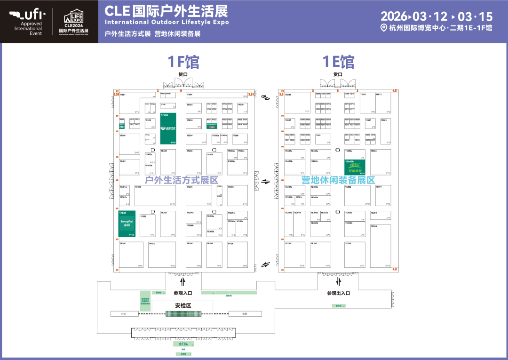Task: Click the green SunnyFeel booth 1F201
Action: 127,224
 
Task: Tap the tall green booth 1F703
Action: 168,128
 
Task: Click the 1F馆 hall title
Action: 183,62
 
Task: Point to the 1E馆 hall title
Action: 338,62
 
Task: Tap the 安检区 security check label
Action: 183,305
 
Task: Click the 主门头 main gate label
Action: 183,344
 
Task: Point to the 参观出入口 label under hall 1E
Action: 339,293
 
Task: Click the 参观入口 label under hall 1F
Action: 183,293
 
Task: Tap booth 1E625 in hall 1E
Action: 386,131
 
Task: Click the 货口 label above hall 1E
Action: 338,74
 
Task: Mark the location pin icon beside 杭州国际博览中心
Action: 384,28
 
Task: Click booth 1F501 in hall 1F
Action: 129,144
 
